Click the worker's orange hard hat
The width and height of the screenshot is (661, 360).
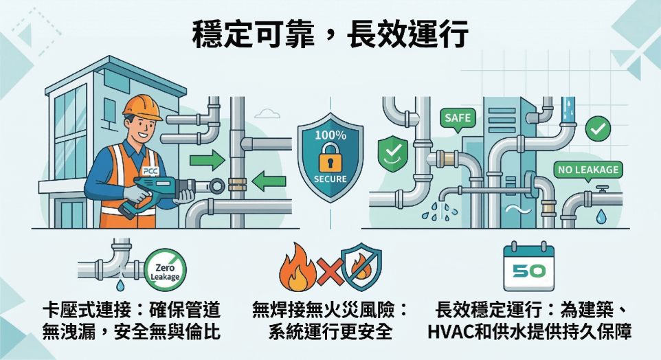142,107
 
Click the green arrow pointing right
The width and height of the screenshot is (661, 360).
208,160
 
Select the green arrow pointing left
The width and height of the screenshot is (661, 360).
269,181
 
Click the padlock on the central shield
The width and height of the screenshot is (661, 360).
330,157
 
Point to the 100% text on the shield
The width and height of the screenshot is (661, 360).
330,135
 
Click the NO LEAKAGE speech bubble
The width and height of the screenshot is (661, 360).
588,171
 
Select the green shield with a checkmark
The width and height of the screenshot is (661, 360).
392,153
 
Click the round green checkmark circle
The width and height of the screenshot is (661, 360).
598,129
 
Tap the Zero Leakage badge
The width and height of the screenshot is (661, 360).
165,270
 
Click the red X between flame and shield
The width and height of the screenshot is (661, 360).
330,272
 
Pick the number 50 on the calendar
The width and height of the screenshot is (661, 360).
528,271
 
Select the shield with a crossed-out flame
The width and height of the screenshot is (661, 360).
361,267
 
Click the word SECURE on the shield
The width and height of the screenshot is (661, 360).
330,179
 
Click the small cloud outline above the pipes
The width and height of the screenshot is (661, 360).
267,113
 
